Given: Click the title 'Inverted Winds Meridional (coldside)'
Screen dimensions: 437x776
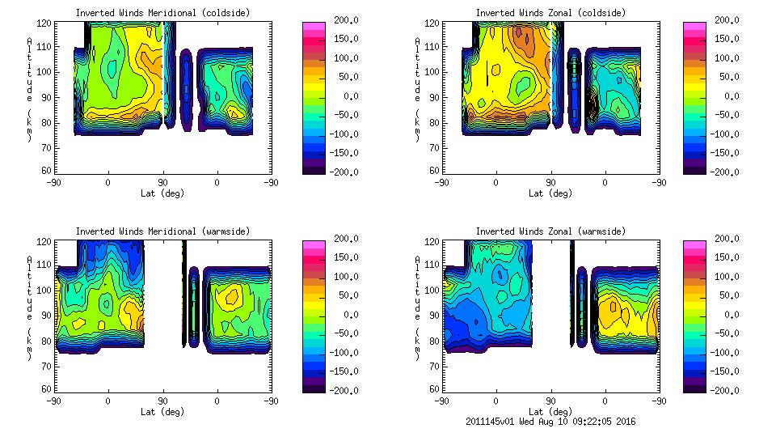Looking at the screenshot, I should [162, 13].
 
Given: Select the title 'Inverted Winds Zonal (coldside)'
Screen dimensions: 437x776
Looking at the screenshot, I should [550, 13].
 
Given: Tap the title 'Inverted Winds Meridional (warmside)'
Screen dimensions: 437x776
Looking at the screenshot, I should [162, 231].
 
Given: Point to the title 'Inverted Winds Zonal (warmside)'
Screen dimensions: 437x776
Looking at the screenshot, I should [550, 231].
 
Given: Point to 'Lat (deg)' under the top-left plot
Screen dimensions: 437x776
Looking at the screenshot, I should [162, 193].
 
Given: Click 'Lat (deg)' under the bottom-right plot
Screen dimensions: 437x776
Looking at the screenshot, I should [550, 412].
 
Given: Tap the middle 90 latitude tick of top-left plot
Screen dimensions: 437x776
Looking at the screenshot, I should [162, 182].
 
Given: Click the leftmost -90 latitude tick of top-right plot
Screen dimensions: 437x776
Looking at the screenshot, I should [441, 182].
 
